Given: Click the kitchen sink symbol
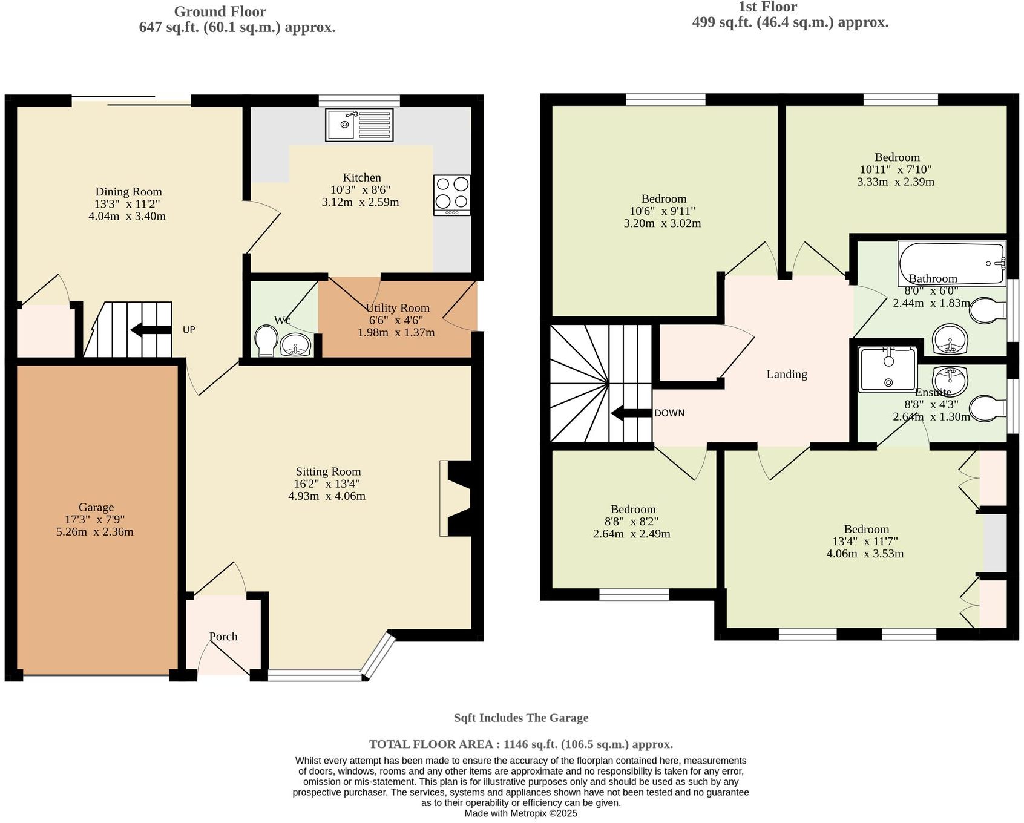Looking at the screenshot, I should coord(359,125).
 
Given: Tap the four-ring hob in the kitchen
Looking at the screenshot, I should coord(451,195).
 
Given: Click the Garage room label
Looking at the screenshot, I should coord(96,507).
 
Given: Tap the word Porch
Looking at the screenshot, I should coord(223,637).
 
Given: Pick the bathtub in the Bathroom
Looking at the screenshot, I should coord(951,263).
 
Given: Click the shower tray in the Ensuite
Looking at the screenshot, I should coord(888,369).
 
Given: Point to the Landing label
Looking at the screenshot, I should coord(786,375).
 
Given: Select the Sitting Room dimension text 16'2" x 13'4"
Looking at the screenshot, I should coord(327,484).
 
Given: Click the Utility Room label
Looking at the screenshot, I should coord(397,308).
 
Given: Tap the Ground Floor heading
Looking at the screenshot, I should coord(220,11).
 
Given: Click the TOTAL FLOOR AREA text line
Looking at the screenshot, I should coord(521,744).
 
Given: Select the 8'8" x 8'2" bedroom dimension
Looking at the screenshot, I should coord(632,522).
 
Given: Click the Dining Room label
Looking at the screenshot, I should coord(128,192).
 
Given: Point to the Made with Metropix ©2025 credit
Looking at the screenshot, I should coord(520,813).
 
